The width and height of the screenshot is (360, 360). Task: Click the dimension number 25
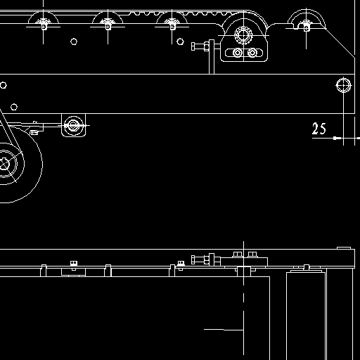coord(319,129)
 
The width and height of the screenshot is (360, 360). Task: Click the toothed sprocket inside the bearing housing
coord(243,35)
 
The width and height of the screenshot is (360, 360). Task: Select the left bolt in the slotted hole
coord(238,53)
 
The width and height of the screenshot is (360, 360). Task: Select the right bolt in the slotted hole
coord(252,53)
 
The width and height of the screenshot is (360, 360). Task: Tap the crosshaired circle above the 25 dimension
coord(344,85)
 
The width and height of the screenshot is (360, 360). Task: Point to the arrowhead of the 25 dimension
coord(337,138)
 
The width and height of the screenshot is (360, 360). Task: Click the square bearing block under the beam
coord(74,125)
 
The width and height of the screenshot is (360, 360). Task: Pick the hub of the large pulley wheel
coord(4,164)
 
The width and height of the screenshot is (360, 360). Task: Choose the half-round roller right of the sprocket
coord(306,20)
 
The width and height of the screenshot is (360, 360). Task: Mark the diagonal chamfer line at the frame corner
coord(340,43)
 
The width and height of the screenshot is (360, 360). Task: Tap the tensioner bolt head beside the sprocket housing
coord(193,46)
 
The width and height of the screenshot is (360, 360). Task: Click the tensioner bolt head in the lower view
coord(193,259)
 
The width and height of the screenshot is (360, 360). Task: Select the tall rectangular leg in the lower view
coord(306,316)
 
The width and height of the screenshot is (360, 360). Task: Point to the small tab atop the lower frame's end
coord(344,248)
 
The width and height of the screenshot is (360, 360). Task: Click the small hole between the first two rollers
coord(74,41)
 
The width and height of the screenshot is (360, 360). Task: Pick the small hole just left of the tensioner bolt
coord(180,41)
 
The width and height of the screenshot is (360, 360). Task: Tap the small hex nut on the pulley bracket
coord(34,133)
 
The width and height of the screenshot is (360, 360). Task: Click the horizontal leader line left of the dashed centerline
coord(224,330)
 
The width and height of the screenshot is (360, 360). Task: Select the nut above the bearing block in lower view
coord(74,264)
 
